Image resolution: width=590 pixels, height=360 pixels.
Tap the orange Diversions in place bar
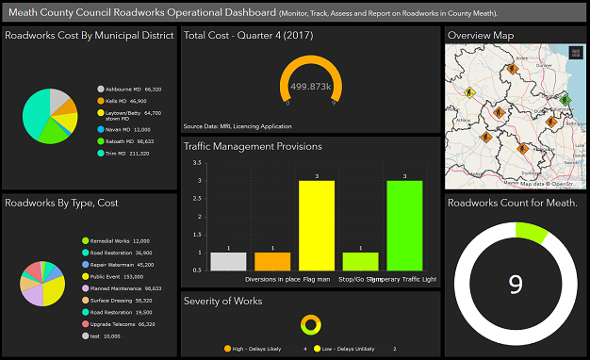(x=272, y=261)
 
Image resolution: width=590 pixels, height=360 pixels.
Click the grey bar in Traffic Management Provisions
(x=228, y=261)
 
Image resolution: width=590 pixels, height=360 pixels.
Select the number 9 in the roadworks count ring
(x=515, y=284)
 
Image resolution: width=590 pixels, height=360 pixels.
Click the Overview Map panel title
(x=481, y=35)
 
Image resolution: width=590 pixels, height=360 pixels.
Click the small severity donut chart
(x=310, y=325)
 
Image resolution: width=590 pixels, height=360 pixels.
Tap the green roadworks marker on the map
(x=565, y=99)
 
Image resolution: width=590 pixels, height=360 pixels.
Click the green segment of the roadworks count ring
(x=531, y=231)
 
